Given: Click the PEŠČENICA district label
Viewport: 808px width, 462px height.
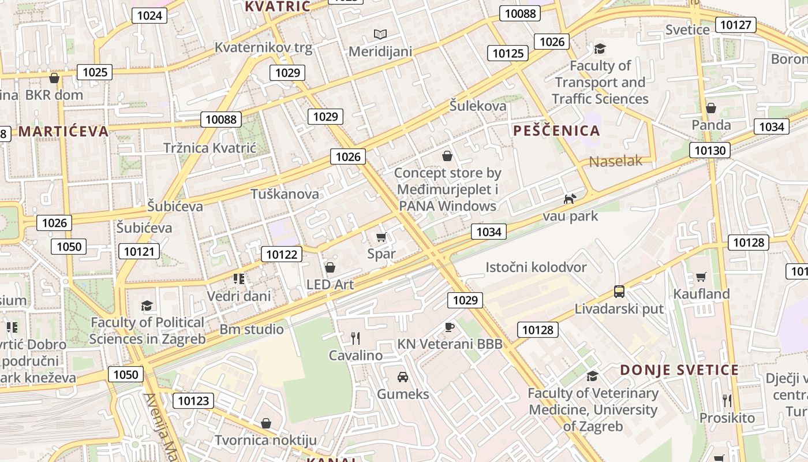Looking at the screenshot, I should coord(556,131).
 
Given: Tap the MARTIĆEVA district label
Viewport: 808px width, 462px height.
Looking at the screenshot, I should coord(63,132).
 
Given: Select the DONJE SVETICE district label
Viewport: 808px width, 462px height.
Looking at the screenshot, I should coord(679,370).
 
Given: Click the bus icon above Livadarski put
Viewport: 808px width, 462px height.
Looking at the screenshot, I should coord(619,292).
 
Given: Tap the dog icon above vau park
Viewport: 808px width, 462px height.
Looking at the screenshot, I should coord(570,199).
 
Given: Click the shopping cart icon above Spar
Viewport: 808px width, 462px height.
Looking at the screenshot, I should coord(381,237).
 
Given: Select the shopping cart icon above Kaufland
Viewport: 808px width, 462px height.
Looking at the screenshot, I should coord(701,277).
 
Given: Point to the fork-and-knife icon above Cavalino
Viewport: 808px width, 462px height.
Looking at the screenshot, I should coord(356,338).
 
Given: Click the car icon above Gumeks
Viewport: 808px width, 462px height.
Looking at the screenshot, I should coord(403,377).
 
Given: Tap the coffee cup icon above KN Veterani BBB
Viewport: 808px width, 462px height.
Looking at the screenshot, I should coord(450,327).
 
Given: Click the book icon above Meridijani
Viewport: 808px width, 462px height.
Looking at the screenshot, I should coord(380,35).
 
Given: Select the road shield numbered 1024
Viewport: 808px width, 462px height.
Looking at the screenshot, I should coord(149,16).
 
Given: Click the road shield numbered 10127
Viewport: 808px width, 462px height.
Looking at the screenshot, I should coord(736,25).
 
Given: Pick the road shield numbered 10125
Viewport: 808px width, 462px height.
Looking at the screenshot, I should coord(508,54).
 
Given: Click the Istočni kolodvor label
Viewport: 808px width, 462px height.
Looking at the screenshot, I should coord(536,267).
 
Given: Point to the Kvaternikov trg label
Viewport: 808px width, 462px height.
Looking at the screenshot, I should coord(263,47).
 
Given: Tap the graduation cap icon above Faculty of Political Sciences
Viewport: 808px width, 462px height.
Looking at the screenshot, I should coord(147,305).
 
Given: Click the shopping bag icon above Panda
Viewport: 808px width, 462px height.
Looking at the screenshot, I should coord(711,108).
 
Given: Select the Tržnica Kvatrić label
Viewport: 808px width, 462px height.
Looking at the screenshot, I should coord(210,148).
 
